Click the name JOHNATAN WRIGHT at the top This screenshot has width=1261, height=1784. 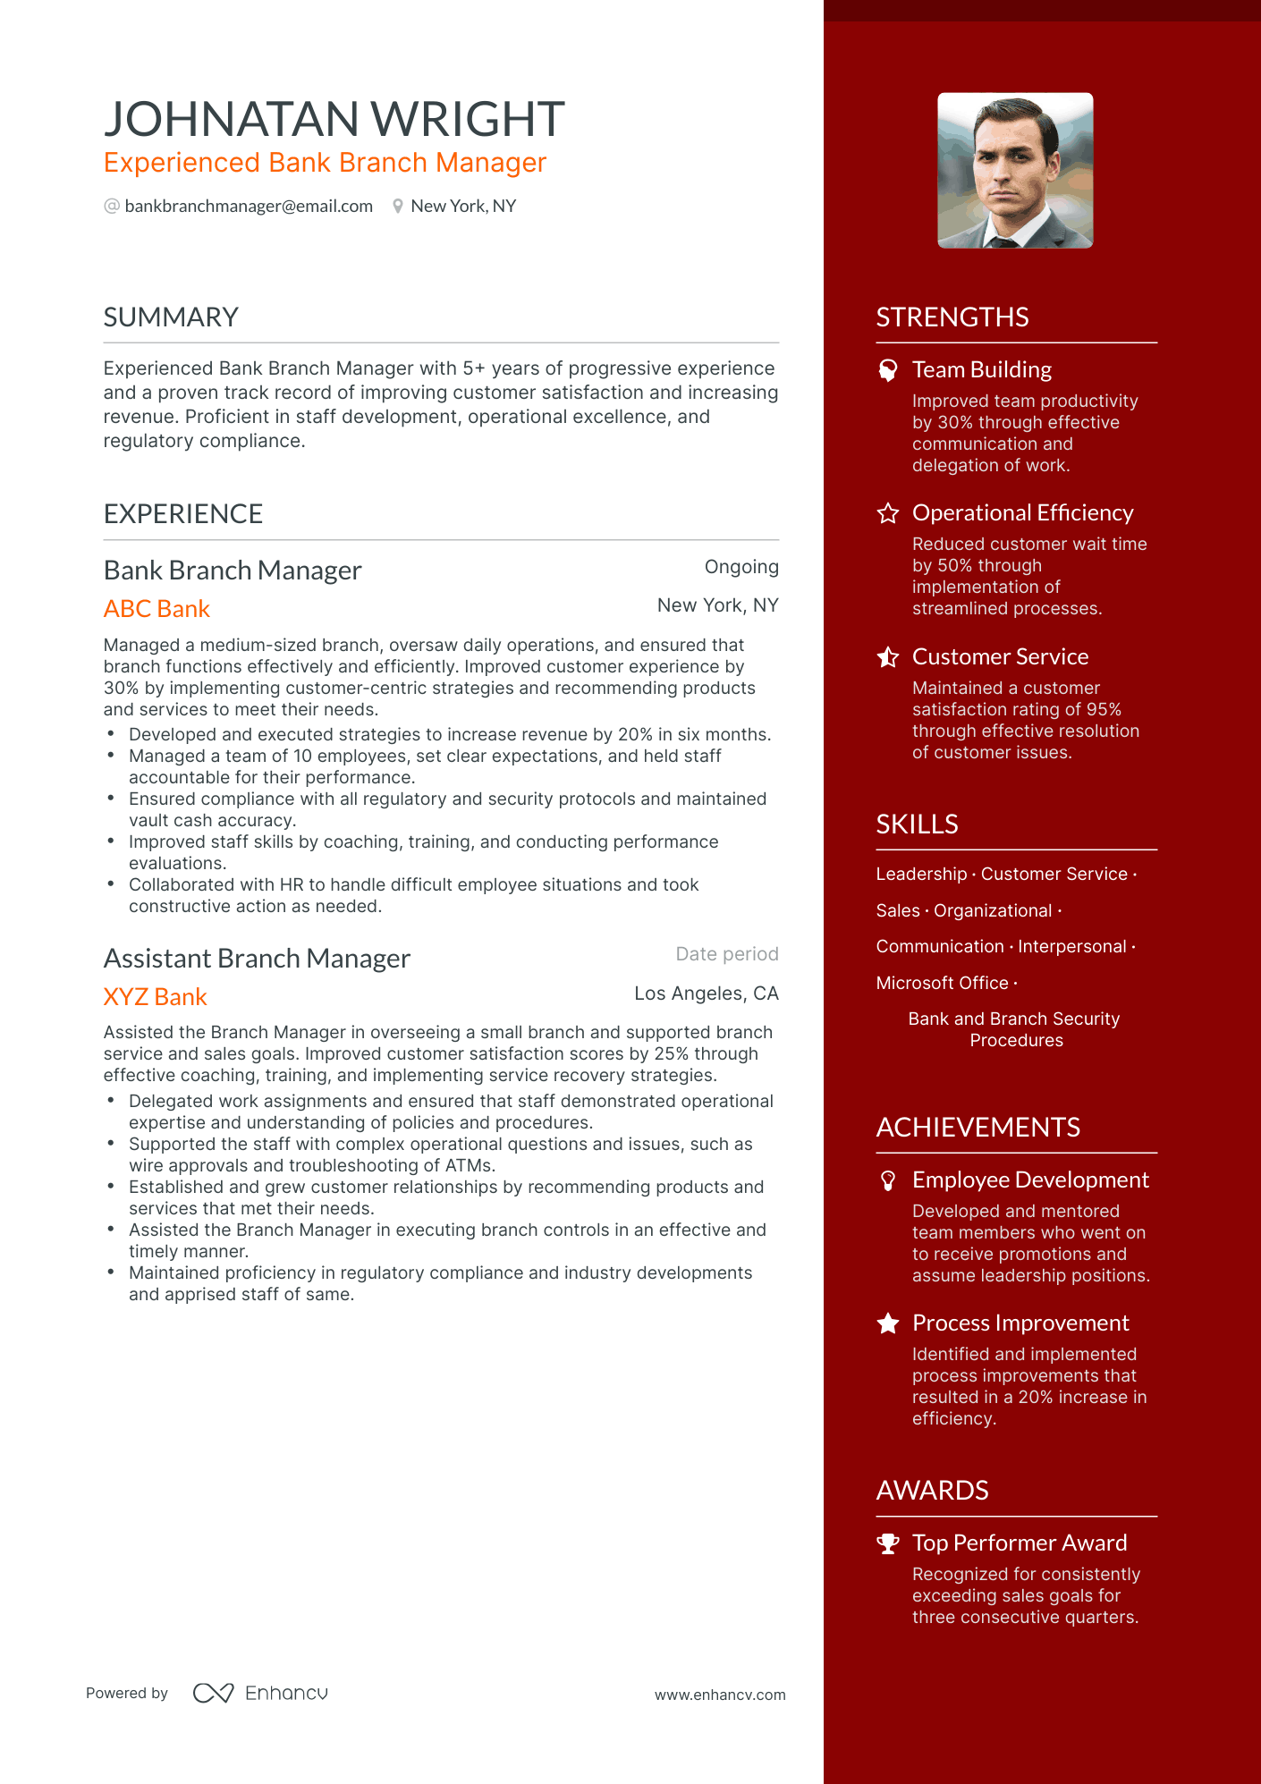coord(334,119)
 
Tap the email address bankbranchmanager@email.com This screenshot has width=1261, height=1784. coord(249,207)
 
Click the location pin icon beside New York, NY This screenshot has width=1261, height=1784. coord(398,207)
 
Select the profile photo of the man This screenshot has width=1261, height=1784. coord(1015,171)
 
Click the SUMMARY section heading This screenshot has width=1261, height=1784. coord(171,317)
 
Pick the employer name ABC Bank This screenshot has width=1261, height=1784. coord(157,609)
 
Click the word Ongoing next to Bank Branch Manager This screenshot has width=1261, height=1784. coord(741,567)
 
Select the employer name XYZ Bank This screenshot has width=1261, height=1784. coord(155,997)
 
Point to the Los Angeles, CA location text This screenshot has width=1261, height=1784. coord(707,993)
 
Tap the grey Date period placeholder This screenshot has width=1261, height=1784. coord(727,954)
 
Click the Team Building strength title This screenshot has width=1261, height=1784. coord(981,370)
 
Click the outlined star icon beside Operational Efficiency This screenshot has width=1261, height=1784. coord(888,513)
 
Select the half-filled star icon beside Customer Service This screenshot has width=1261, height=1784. coord(888,657)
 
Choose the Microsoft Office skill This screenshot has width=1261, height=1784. coord(942,983)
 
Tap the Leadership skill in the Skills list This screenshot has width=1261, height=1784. coord(921,875)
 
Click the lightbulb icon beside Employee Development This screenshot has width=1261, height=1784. coord(888,1181)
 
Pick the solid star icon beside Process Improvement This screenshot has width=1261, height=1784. coord(888,1323)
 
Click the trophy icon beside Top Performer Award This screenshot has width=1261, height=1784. coord(888,1543)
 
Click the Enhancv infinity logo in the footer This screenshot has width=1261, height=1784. coord(214,1693)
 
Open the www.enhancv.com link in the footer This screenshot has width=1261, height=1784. coord(720,1695)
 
